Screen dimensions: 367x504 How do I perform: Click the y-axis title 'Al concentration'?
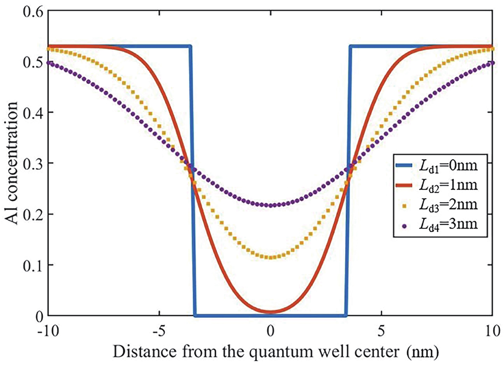12,163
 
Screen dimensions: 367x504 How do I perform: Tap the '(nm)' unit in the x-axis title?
423,352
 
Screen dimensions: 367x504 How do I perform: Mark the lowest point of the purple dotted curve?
270,205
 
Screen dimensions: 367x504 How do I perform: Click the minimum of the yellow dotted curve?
270,257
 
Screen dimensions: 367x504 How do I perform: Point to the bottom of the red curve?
270,312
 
